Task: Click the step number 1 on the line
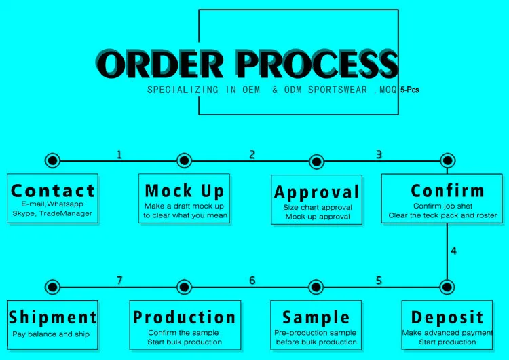click(x=119, y=155)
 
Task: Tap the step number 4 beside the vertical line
click(x=453, y=251)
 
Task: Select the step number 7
click(x=119, y=280)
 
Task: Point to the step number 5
click(x=379, y=280)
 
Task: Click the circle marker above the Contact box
click(x=52, y=160)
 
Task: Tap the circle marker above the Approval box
click(x=316, y=161)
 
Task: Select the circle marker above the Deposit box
click(x=447, y=287)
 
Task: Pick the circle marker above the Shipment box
click(x=52, y=287)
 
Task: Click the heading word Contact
click(x=52, y=191)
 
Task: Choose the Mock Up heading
click(x=185, y=191)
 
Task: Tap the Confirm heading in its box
click(x=448, y=191)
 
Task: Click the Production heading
click(x=185, y=317)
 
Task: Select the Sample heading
click(x=316, y=318)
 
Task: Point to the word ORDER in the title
click(x=160, y=64)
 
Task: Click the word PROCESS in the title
click(x=318, y=64)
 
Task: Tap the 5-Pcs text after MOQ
click(x=410, y=90)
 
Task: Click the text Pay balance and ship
click(x=51, y=334)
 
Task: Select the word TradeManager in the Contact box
click(x=66, y=213)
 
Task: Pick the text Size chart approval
click(x=318, y=207)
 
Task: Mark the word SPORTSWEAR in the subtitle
click(x=337, y=90)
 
